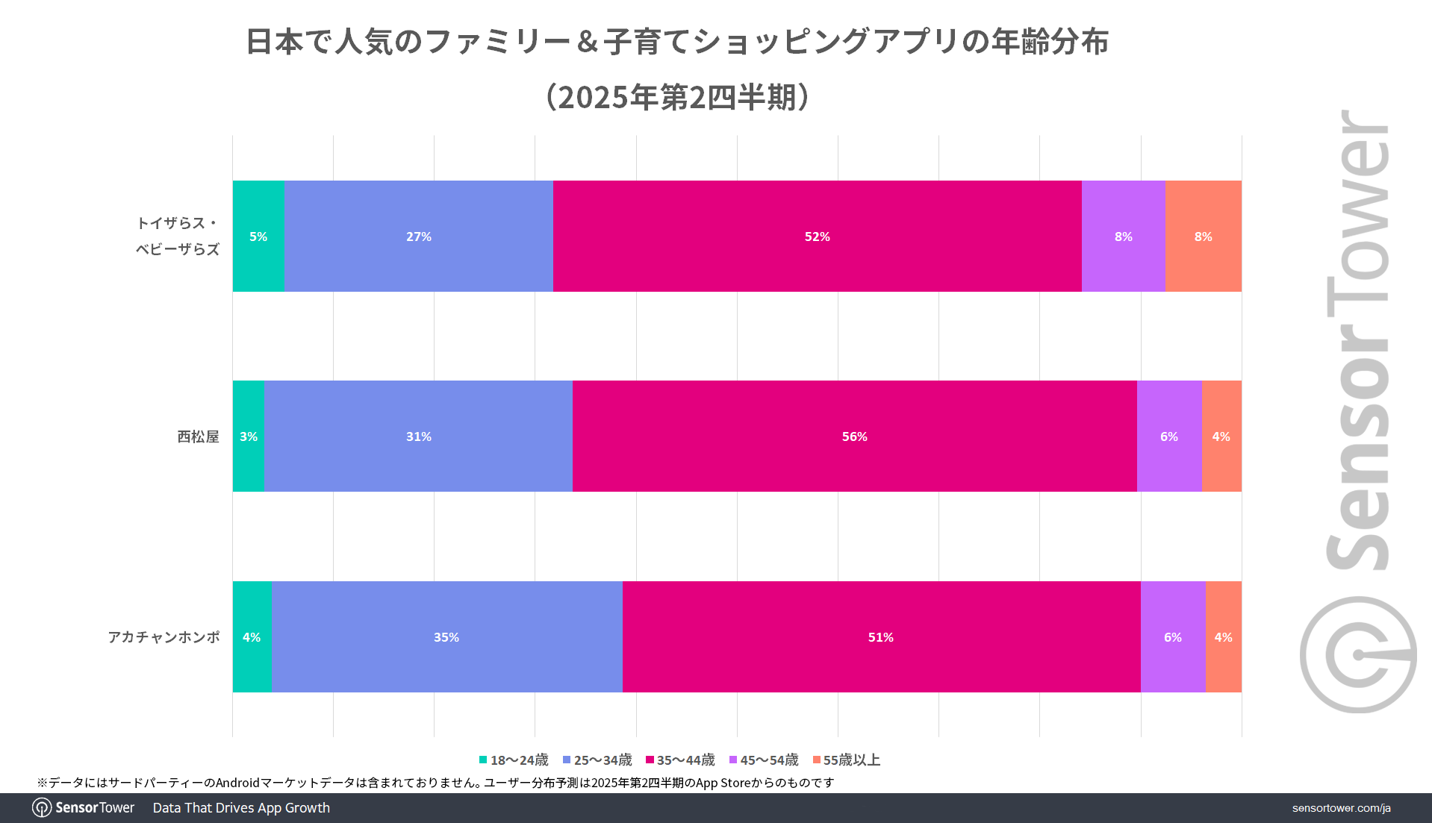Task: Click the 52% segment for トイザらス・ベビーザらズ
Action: coord(817,236)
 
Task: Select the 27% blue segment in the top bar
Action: coord(418,236)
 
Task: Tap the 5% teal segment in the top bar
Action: coord(258,236)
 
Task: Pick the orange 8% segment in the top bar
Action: coord(1203,236)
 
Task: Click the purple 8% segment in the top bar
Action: coord(1123,236)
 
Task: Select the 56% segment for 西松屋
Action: coord(854,436)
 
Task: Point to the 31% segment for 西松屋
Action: coord(418,436)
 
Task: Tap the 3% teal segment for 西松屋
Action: coord(249,436)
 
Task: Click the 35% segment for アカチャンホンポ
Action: coord(446,636)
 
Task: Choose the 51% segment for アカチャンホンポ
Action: coord(881,636)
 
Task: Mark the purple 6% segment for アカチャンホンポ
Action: coord(1172,636)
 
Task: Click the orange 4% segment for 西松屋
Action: coord(1221,436)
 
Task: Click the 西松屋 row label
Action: coord(198,436)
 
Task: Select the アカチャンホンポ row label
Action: coord(164,636)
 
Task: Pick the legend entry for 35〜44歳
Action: coord(680,760)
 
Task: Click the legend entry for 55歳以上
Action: coord(847,760)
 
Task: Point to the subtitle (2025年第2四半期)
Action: coord(677,97)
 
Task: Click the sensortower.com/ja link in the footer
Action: coord(1341,808)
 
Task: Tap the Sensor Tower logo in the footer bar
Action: coord(84,807)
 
